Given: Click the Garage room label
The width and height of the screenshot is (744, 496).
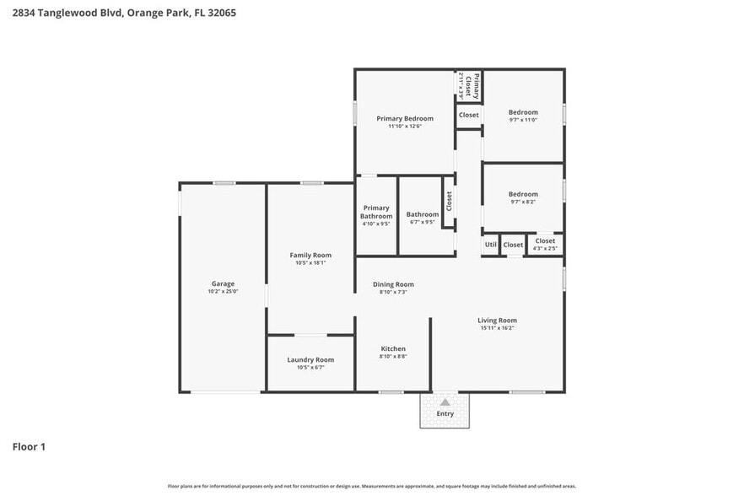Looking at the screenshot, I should (223, 283).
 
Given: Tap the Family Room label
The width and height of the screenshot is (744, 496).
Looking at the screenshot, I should (310, 255).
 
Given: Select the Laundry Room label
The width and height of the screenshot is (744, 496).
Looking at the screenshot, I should (310, 359).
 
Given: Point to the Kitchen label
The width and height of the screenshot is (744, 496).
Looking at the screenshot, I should (393, 348).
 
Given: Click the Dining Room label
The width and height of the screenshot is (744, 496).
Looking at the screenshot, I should (393, 284).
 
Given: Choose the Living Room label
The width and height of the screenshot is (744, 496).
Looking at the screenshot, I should (497, 320).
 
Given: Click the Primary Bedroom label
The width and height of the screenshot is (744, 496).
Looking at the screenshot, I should (405, 118).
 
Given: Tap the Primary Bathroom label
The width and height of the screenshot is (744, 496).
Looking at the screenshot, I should (376, 212).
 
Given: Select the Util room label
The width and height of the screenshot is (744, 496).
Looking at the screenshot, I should (490, 245).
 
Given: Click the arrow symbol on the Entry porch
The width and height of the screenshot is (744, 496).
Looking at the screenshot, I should (445, 402).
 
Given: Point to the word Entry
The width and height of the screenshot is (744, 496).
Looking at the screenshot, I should (445, 413).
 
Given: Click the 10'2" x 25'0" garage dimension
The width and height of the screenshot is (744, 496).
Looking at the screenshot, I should (223, 292).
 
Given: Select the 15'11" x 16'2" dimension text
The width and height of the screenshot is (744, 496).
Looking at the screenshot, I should (497, 328).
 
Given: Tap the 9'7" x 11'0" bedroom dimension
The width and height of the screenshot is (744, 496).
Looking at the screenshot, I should (523, 120).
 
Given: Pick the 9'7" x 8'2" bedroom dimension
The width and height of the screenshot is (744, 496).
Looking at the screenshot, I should (523, 202).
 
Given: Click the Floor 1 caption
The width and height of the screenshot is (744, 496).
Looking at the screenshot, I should (29, 446).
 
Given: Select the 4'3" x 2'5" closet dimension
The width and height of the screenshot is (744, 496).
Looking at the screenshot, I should (545, 249).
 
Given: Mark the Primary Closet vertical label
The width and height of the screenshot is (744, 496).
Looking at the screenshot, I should (476, 86).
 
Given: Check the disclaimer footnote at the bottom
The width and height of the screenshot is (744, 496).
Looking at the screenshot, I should (371, 486).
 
